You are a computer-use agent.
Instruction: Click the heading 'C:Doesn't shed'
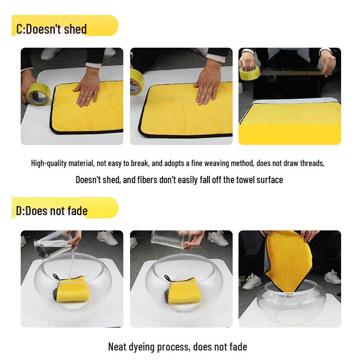51,29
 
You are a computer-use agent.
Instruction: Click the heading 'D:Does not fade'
51,211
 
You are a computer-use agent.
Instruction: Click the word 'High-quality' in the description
49,163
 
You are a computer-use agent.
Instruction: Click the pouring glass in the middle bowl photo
169,240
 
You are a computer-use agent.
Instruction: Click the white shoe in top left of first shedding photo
49,54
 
